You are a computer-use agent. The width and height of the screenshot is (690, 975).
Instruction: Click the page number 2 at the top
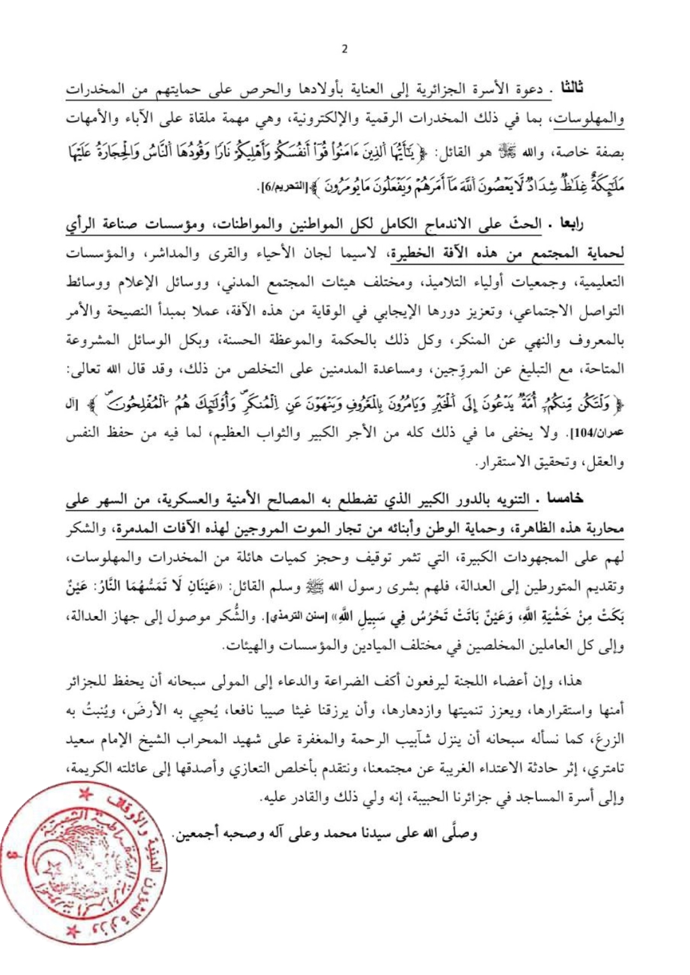click(x=345, y=49)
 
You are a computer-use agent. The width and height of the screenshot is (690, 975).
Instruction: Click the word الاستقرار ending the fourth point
click(x=508, y=462)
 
